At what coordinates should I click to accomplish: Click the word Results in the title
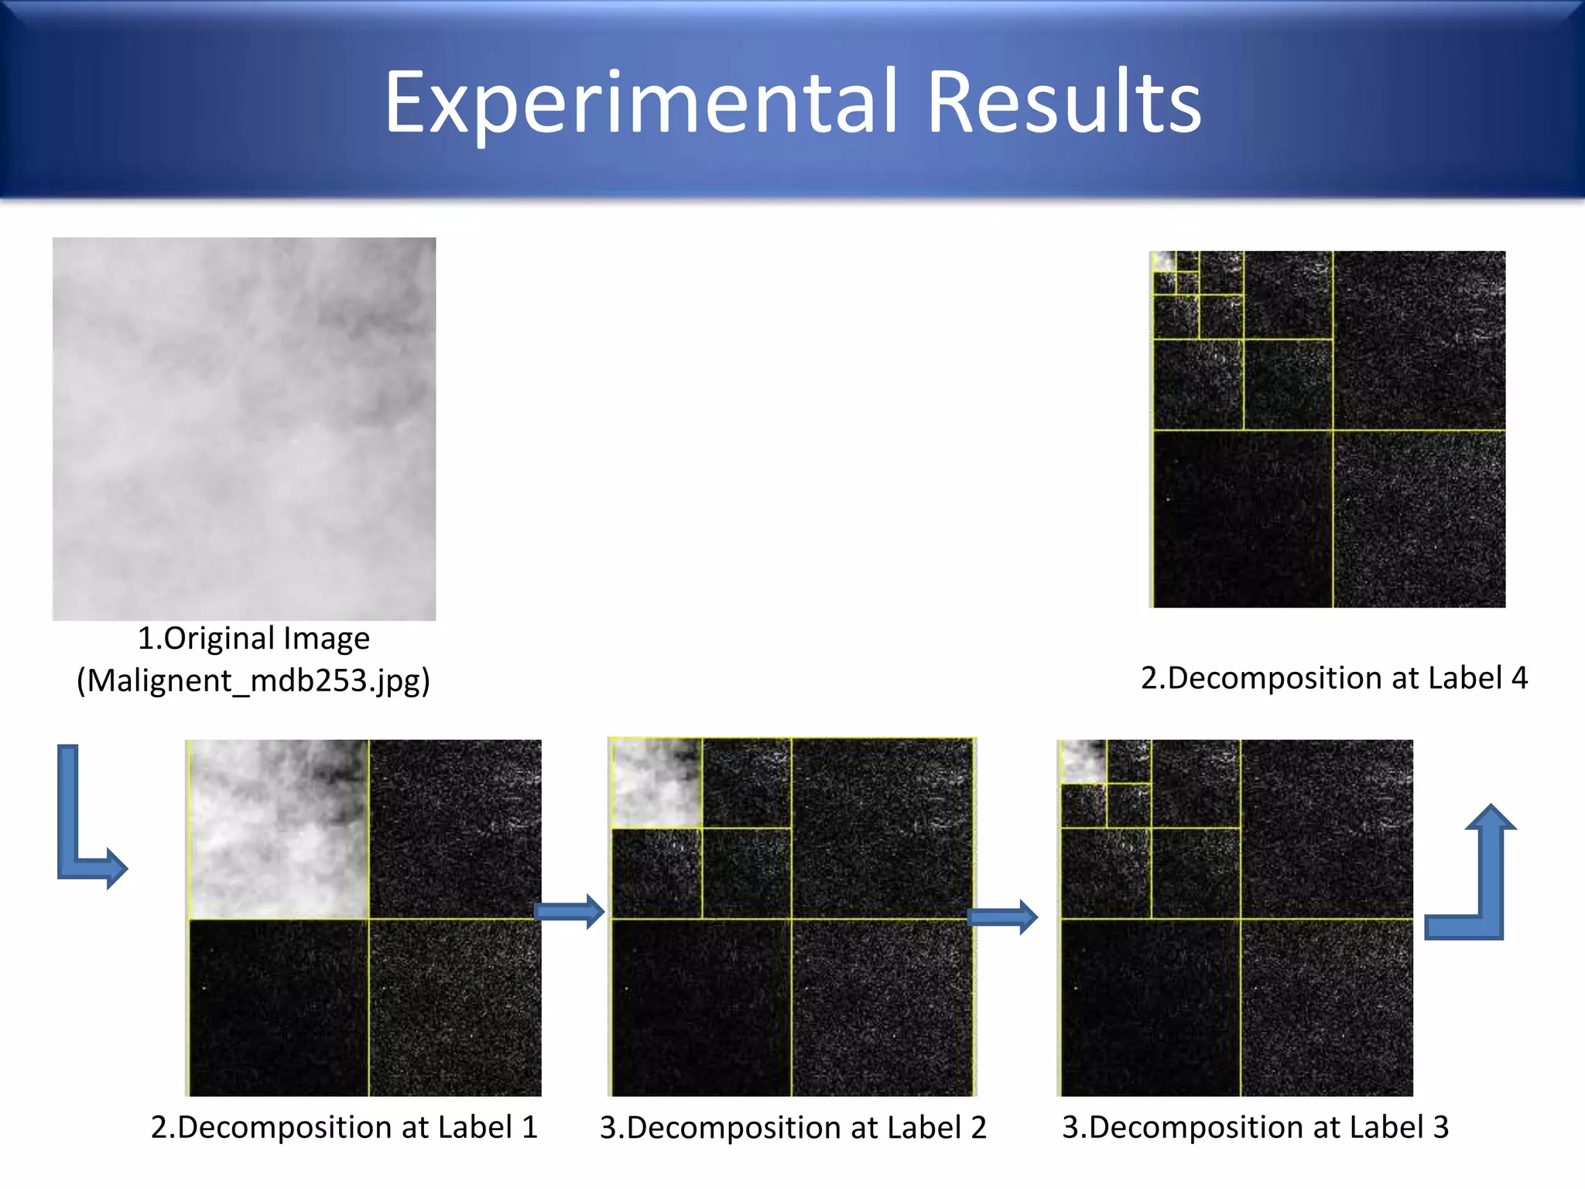1063,104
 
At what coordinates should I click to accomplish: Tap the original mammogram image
244,428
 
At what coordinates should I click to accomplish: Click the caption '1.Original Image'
253,639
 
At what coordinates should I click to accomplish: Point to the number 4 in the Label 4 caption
1518,678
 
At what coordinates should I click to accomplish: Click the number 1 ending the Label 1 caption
529,1127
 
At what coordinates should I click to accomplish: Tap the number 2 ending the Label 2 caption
978,1128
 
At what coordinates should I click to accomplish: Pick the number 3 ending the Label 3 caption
1440,1127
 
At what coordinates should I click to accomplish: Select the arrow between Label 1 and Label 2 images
569,912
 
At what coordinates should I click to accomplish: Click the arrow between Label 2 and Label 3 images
1002,917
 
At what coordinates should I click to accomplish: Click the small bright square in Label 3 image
1083,762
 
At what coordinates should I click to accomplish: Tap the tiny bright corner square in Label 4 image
1163,262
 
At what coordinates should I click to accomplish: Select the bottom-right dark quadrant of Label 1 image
455,1007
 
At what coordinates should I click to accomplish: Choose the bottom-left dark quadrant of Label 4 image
1242,519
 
